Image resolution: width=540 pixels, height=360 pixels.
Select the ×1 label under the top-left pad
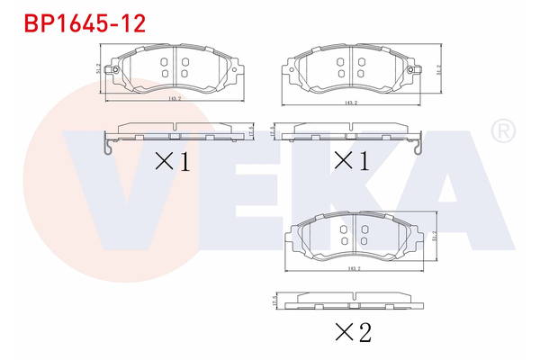coord(174,162)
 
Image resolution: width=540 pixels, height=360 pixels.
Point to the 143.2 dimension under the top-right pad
coord(351,103)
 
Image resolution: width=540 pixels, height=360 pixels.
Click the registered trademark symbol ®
coord(501,132)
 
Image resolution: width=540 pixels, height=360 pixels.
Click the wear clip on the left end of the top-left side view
coord(107,143)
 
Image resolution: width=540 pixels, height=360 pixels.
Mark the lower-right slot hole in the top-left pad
coord(184,74)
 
